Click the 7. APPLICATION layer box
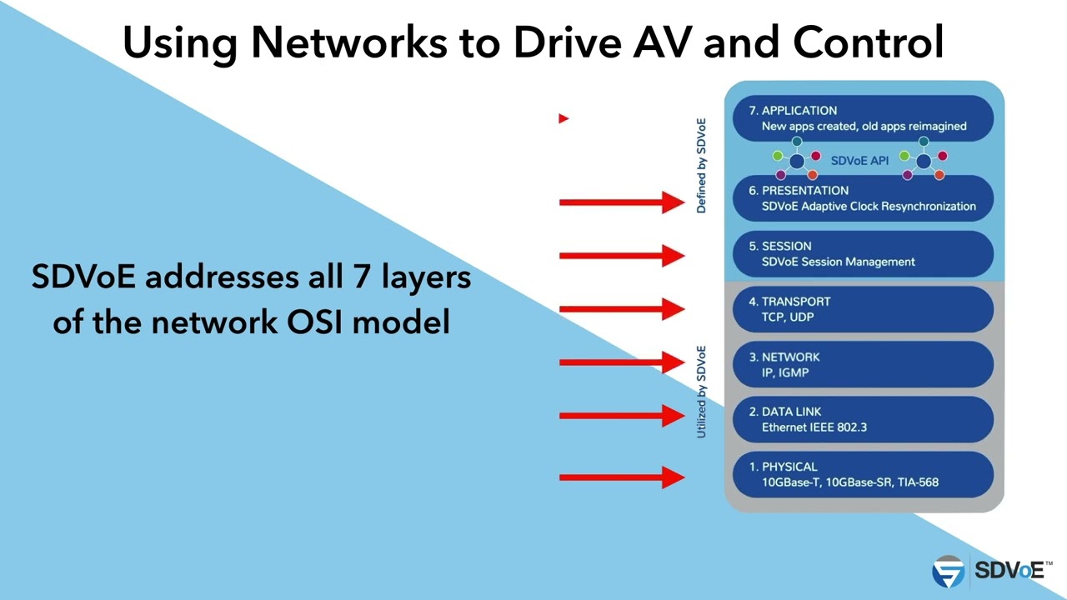click(x=863, y=117)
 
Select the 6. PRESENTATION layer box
click(x=863, y=197)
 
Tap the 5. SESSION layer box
click(x=863, y=253)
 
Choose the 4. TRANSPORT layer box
click(x=863, y=309)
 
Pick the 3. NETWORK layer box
click(x=863, y=364)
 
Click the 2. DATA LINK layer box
click(x=863, y=419)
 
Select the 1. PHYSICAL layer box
click(x=863, y=474)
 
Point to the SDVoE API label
click(x=859, y=161)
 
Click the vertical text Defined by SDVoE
click(x=701, y=166)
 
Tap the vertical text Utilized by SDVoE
click(x=701, y=392)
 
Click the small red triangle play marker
click(x=564, y=118)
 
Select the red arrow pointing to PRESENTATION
click(x=621, y=202)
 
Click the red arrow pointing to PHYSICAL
click(x=621, y=477)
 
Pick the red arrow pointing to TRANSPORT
click(x=621, y=309)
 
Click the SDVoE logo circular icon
click(x=948, y=571)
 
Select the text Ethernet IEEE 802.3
click(x=814, y=427)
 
